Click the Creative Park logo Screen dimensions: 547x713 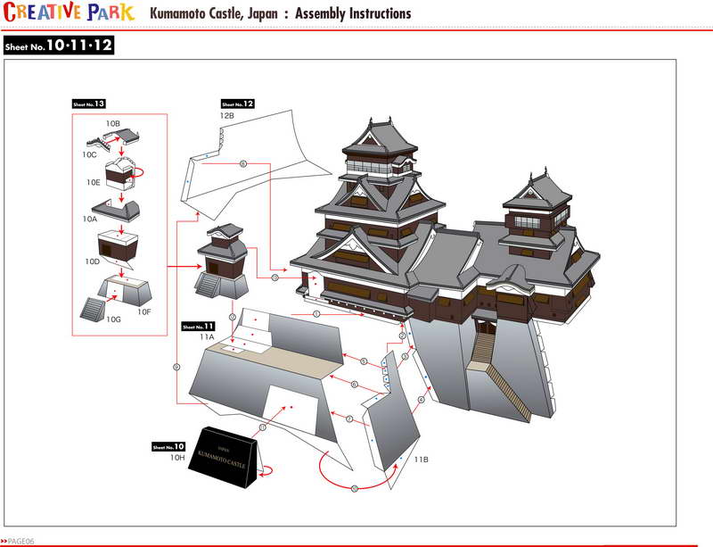click(70, 12)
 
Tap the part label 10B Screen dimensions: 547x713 click(112, 121)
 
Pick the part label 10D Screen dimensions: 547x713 click(93, 261)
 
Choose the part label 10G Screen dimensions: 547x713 click(113, 319)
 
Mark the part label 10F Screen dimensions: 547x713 click(144, 312)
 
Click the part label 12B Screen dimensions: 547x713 click(227, 116)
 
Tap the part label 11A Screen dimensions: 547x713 click(207, 337)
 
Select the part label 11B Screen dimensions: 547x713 click(422, 459)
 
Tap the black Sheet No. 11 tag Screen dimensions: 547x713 click(197, 326)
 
